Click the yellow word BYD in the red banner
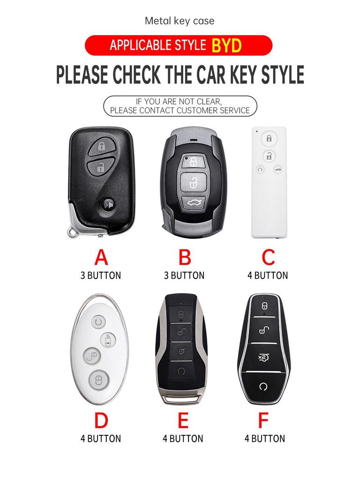pyautogui.click(x=226, y=45)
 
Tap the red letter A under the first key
pyautogui.click(x=101, y=258)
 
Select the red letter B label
pyautogui.click(x=185, y=258)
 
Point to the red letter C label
pyautogui.click(x=268, y=258)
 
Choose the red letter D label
pyautogui.click(x=101, y=421)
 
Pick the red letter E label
pyautogui.click(x=183, y=421)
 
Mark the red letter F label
pyautogui.click(x=264, y=421)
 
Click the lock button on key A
pyautogui.click(x=101, y=146)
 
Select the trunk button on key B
pyautogui.click(x=193, y=203)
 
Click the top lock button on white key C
pyautogui.click(x=269, y=138)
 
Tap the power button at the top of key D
pyautogui.click(x=97, y=322)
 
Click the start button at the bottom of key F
pyautogui.click(x=263, y=386)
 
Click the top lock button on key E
pyautogui.click(x=181, y=313)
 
